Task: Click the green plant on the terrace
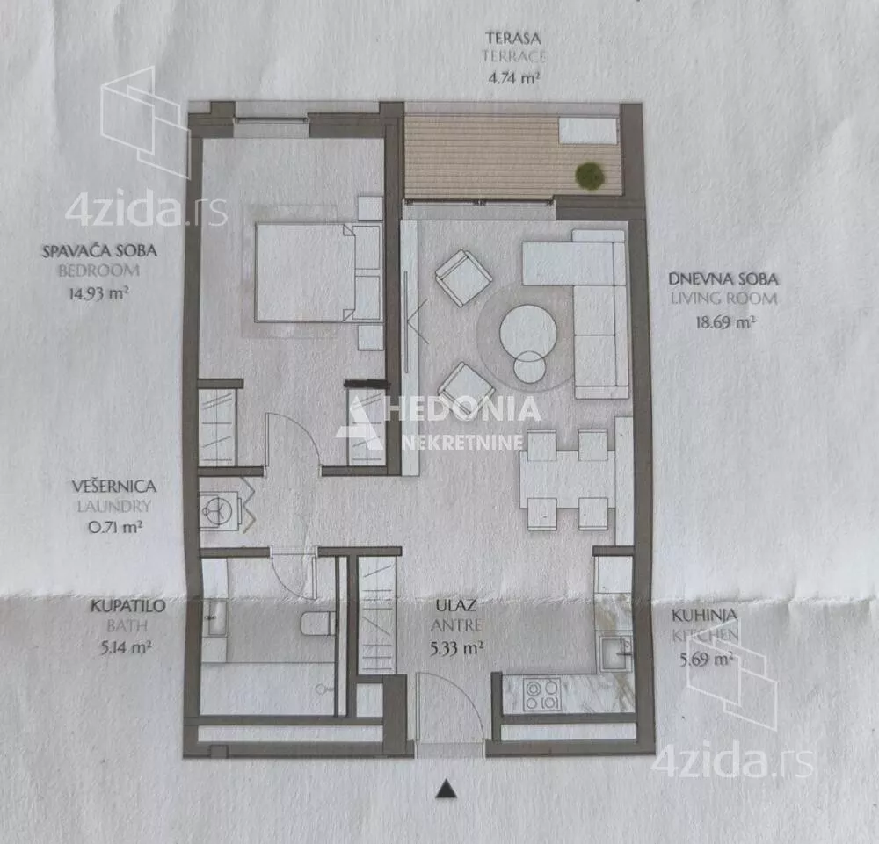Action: pos(591,176)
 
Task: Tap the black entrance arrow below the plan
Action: pos(447,789)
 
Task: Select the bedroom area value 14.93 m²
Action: pos(98,292)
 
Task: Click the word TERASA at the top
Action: pos(513,38)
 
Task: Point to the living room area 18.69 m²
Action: pos(725,321)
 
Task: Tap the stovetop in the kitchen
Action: pos(541,694)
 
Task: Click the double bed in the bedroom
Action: pos(318,273)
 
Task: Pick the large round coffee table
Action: pos(528,332)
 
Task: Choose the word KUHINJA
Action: pos(704,615)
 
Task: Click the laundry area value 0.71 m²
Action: pos(115,526)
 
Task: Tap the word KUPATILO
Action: pos(127,605)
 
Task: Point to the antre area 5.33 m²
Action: pos(456,648)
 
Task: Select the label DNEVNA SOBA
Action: pos(723,278)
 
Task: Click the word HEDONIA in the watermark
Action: pos(464,408)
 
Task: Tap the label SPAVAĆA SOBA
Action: pos(100,250)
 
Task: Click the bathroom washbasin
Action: pos(214,617)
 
